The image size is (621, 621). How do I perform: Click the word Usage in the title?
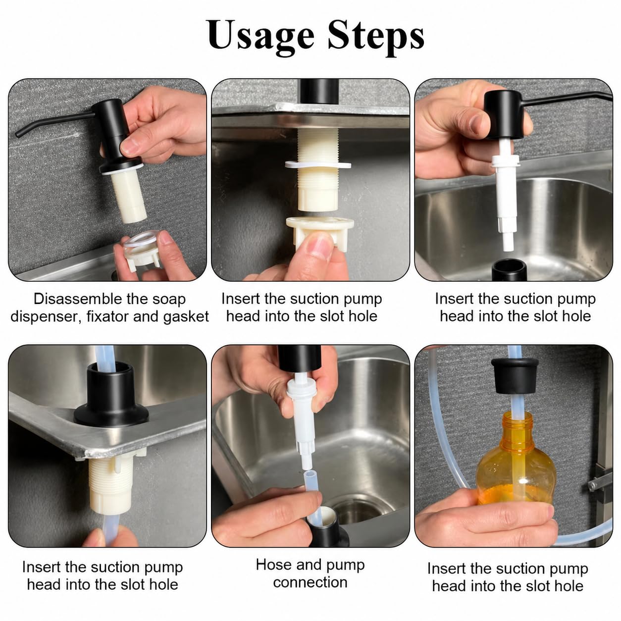pos(260,36)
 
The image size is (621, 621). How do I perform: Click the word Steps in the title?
pos(376,36)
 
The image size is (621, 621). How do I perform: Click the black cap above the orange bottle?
pos(515,375)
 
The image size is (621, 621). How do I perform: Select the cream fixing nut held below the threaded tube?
pos(320,233)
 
